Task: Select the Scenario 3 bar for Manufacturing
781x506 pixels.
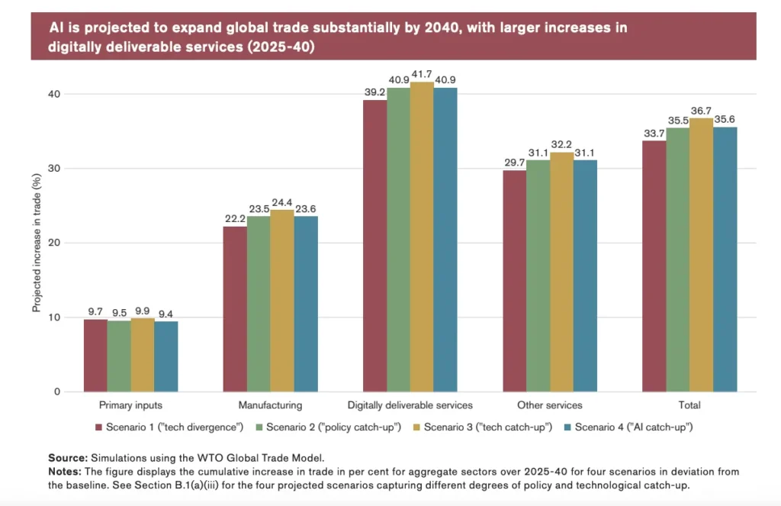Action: pyautogui.click(x=282, y=301)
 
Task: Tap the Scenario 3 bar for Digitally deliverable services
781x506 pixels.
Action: pyautogui.click(x=422, y=237)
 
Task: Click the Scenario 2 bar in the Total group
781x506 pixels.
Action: pyautogui.click(x=677, y=259)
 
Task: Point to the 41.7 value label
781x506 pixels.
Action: pyautogui.click(x=422, y=75)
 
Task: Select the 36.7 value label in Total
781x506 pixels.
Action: pyautogui.click(x=701, y=111)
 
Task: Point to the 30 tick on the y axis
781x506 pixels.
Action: pyautogui.click(x=55, y=169)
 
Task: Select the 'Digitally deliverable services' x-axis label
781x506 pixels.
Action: pyautogui.click(x=410, y=405)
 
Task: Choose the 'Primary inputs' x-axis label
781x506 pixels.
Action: pyautogui.click(x=130, y=405)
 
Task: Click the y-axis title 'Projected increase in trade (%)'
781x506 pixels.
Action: pyautogui.click(x=36, y=243)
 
